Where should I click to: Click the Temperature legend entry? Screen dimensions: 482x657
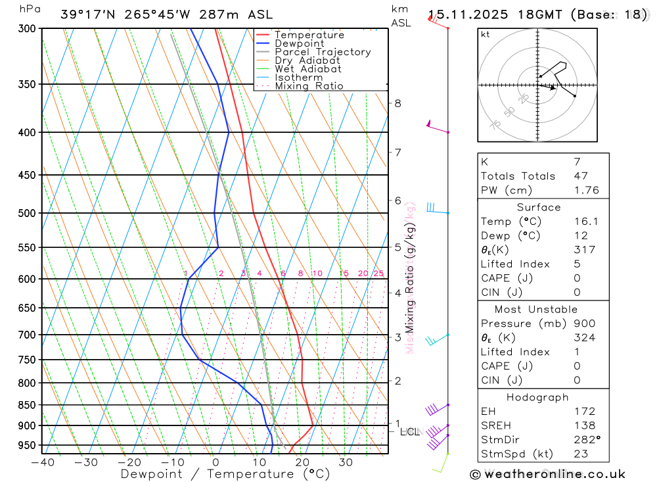click(x=309, y=35)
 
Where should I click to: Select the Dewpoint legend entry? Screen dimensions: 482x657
click(x=299, y=43)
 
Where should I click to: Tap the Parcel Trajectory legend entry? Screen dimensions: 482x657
click(x=322, y=52)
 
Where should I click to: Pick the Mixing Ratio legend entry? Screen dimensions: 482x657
click(x=309, y=86)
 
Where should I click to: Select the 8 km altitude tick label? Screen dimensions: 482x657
click(x=398, y=103)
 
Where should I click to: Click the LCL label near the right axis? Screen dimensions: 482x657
click(x=409, y=432)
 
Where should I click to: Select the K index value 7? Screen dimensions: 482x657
click(x=576, y=162)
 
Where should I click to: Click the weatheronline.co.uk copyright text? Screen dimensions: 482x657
click(x=547, y=474)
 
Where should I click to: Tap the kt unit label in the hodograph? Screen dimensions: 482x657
click(x=486, y=34)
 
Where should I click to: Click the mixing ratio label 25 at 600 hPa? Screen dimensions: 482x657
click(x=378, y=274)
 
